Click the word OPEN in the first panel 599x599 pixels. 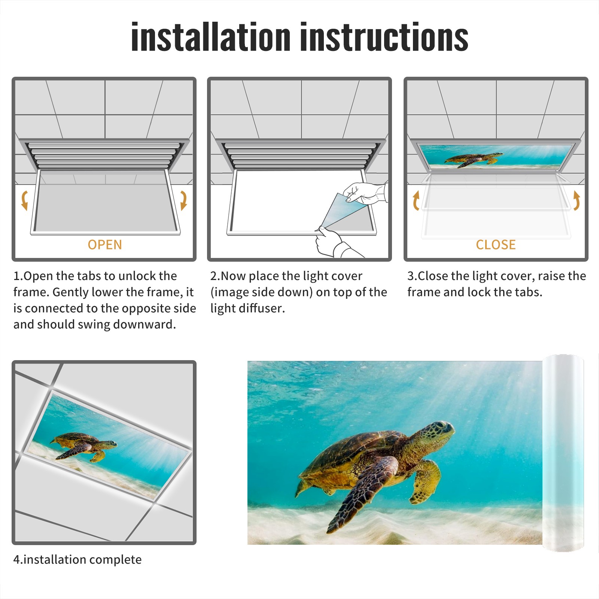[x=105, y=244]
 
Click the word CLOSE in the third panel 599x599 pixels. [x=496, y=244]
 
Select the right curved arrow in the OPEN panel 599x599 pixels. [x=183, y=200]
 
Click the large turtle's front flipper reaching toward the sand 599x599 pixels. [x=359, y=494]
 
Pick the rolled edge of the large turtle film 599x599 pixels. [x=563, y=453]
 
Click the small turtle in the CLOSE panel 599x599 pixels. [x=474, y=159]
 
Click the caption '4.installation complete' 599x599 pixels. [x=77, y=559]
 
